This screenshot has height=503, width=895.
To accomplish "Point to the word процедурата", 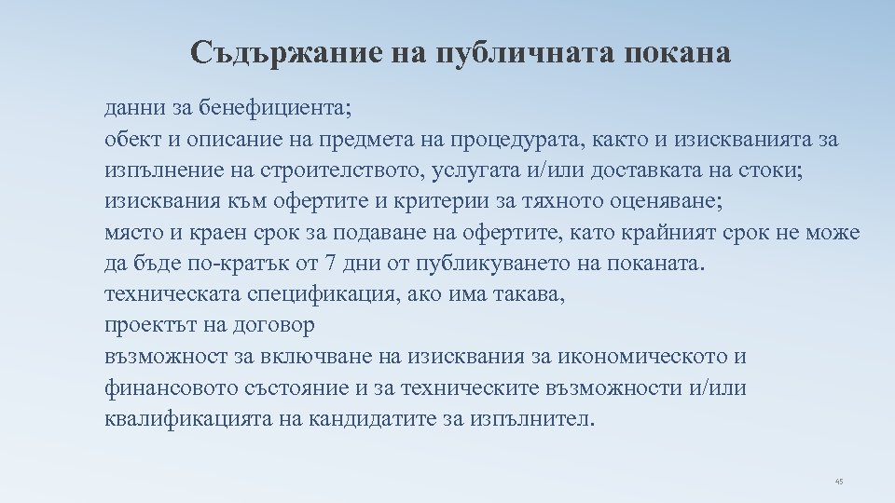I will pos(516,140).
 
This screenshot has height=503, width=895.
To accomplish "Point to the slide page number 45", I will pos(839,482).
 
